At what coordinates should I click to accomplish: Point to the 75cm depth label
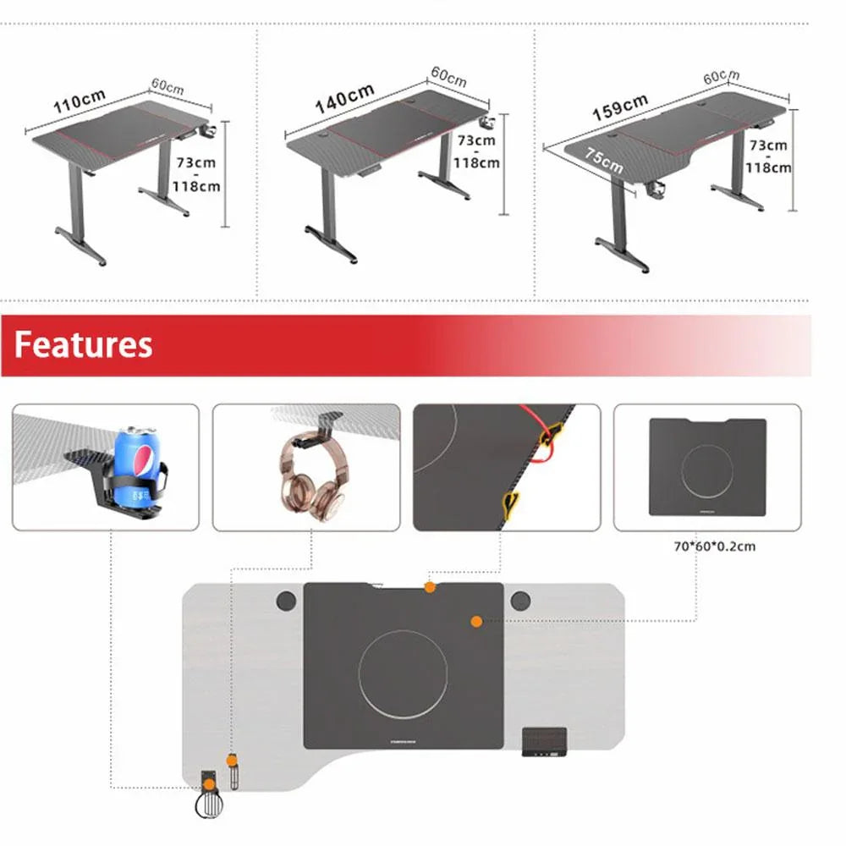604,161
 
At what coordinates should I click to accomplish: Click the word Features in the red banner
83,345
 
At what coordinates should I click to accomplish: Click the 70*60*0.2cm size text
715,547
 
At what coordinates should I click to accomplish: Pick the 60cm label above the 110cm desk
167,87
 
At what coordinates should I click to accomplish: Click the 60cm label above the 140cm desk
448,76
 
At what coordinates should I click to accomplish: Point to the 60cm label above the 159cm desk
722,76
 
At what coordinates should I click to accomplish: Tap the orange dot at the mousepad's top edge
430,587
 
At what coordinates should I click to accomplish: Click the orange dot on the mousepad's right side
476,621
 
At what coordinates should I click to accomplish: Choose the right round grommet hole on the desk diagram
519,602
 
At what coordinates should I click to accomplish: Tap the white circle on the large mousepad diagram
403,674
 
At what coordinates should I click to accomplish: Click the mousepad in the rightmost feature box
706,467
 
